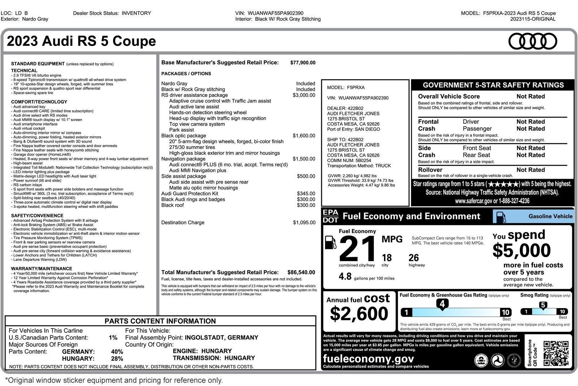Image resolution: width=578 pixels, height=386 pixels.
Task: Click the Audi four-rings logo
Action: tap(533, 41)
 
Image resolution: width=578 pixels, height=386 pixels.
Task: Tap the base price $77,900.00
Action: tap(303, 63)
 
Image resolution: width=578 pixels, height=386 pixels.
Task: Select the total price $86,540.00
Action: tap(301, 272)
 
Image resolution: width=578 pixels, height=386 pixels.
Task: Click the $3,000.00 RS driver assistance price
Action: tap(304, 95)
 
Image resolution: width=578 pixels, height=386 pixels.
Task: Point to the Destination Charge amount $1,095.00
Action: tap(304, 222)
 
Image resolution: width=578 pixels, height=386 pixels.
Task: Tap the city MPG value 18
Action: tap(387, 258)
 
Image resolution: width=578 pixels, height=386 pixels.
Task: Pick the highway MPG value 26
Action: tap(414, 258)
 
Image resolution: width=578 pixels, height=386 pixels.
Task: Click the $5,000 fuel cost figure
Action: tap(521, 250)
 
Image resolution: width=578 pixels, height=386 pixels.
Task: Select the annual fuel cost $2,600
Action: tap(359, 313)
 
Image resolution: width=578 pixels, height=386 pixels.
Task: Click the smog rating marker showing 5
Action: tap(543, 305)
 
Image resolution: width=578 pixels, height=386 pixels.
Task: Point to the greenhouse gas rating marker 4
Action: tap(442, 304)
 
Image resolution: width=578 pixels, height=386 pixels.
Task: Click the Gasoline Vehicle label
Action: tap(550, 216)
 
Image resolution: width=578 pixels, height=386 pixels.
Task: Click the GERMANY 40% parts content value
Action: tap(117, 352)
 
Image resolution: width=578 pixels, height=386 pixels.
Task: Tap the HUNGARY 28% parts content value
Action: tap(117, 359)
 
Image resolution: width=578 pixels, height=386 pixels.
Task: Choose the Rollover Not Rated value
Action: tap(530, 170)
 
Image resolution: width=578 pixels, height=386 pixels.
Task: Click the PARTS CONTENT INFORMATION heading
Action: tap(160, 321)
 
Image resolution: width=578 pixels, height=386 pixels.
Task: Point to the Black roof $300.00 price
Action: tap(306, 205)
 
